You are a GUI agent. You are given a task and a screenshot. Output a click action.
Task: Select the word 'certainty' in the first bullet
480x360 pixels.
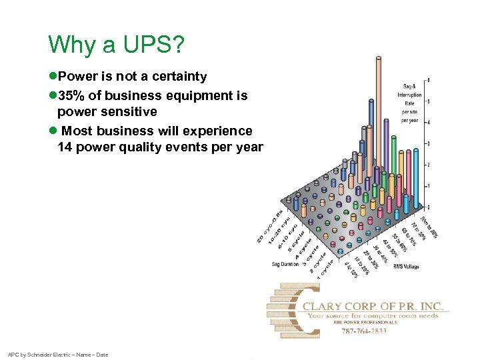pos(178,77)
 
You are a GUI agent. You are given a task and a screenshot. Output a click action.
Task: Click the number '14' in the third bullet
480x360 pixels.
pos(65,147)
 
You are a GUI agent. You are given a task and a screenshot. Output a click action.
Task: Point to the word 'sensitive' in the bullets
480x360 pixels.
pos(124,112)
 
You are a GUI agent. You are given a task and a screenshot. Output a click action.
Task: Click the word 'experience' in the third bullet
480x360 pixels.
pos(217,131)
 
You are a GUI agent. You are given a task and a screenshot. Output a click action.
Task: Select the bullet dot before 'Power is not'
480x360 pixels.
pos(52,77)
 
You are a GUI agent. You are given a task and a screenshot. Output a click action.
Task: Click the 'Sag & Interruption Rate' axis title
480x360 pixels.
pos(411,103)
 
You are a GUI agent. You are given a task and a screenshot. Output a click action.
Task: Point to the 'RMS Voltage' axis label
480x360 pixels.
pos(407,267)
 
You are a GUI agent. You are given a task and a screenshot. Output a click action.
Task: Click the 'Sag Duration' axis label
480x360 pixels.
pos(285,264)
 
